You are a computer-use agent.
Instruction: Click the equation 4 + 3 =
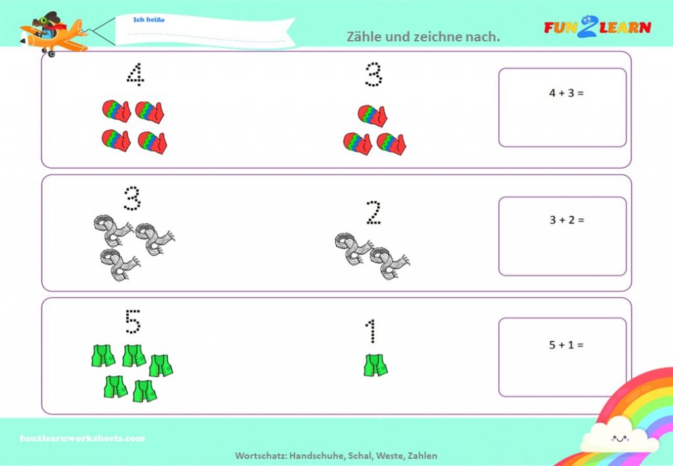point(566,93)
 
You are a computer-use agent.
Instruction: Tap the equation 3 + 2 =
point(567,220)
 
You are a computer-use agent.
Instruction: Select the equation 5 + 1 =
point(566,345)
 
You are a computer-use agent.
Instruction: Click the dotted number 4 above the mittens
point(135,75)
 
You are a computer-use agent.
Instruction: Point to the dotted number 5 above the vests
point(133,321)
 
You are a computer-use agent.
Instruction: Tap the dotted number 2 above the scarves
point(373,213)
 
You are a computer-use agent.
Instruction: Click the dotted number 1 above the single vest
point(371,331)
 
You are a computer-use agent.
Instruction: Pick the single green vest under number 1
point(375,365)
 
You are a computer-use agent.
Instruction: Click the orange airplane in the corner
point(53,34)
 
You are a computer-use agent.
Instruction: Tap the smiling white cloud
point(619,436)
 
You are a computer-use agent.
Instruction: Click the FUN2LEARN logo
point(597,26)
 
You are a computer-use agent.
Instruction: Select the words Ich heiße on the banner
point(149,20)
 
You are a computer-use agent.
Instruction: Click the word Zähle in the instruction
point(364,36)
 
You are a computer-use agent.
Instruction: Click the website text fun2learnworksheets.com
point(82,438)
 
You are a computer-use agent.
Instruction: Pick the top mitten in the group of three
point(372,116)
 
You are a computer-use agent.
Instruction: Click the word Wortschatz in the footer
point(260,455)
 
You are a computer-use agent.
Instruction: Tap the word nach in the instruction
point(485,37)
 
